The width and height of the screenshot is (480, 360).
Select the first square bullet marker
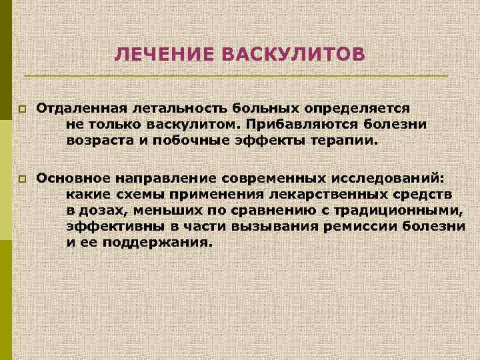(x=22, y=109)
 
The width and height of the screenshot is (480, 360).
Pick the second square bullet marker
(x=22, y=179)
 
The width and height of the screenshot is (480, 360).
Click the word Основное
(x=73, y=178)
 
